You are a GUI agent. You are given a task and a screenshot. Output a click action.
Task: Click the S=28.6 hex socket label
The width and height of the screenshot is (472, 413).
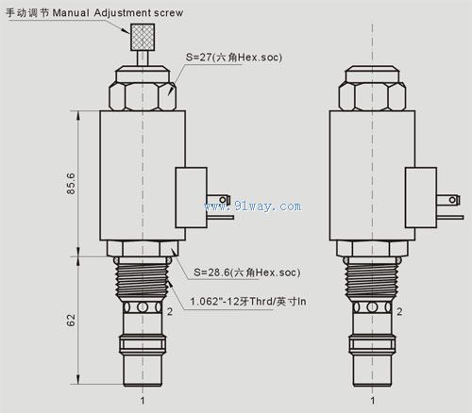point(246,273)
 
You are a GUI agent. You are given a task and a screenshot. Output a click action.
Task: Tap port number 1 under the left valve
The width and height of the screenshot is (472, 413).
point(143,401)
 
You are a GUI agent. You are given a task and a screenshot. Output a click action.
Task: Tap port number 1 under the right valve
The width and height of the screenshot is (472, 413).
point(372,401)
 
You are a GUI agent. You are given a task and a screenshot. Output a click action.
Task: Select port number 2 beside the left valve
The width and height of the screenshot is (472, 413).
point(169,311)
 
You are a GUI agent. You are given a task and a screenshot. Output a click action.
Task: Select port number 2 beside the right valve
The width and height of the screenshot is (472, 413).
point(398,311)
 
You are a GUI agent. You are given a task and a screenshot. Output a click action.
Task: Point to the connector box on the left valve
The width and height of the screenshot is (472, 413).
point(191,198)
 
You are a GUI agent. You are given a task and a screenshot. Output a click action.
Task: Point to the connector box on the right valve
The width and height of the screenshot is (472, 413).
point(420,198)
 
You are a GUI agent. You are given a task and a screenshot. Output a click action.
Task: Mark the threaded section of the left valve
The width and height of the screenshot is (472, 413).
point(143,281)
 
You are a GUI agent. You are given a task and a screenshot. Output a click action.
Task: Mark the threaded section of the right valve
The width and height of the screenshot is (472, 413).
point(372,281)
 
